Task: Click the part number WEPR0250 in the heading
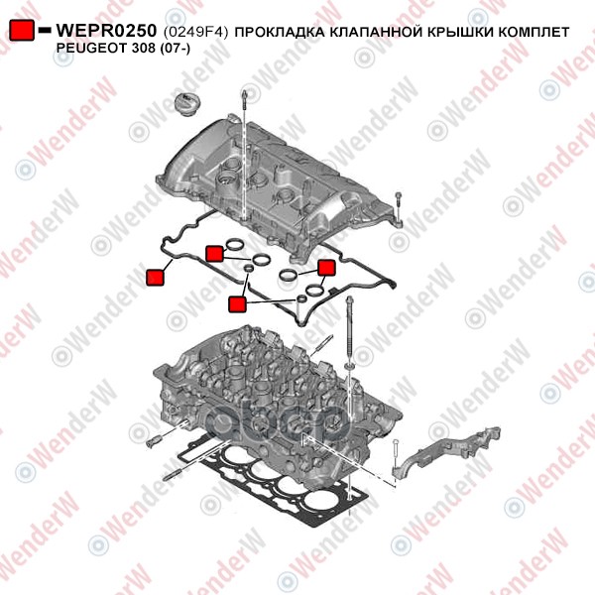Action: point(106,31)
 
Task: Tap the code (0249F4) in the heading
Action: point(195,33)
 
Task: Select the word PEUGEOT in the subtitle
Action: point(89,49)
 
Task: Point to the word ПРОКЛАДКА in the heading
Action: point(280,33)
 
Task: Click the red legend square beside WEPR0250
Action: point(22,30)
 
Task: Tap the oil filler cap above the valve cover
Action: point(187,102)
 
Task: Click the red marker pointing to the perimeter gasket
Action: point(156,278)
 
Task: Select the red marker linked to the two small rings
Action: point(238,304)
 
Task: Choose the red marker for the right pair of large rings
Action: point(326,268)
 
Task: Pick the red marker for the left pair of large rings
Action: point(214,254)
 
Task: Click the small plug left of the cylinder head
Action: point(154,441)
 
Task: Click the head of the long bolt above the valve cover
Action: point(245,96)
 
